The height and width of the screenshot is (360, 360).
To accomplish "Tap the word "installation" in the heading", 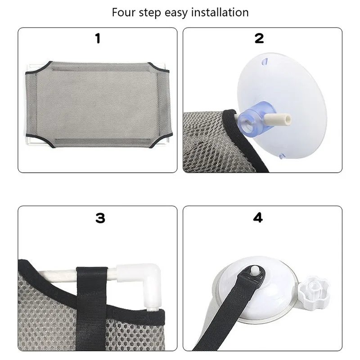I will pyautogui.click(x=220, y=12).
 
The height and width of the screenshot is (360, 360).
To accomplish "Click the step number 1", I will pyautogui.click(x=98, y=39).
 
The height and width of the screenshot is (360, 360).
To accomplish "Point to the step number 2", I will pyautogui.click(x=259, y=39).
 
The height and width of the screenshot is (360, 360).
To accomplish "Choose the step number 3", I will pyautogui.click(x=100, y=218).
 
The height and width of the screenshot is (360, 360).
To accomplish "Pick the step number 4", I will pyautogui.click(x=258, y=218).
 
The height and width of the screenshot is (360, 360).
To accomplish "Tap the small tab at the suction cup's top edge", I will pyautogui.click(x=265, y=60).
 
